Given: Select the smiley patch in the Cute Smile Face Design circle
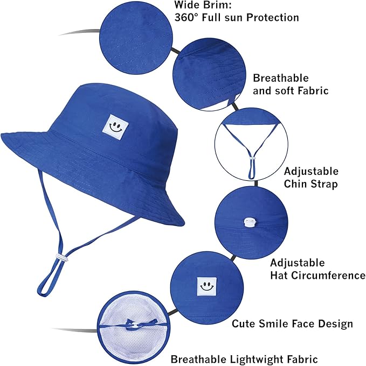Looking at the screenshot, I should point(204,286).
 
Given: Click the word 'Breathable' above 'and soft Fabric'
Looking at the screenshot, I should point(281,78).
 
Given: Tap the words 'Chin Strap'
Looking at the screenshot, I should point(311,184).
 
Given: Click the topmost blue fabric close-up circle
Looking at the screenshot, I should point(135,33).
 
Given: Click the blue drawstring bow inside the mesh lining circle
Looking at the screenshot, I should point(130,325).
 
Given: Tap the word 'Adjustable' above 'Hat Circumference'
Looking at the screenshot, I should point(298,263).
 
